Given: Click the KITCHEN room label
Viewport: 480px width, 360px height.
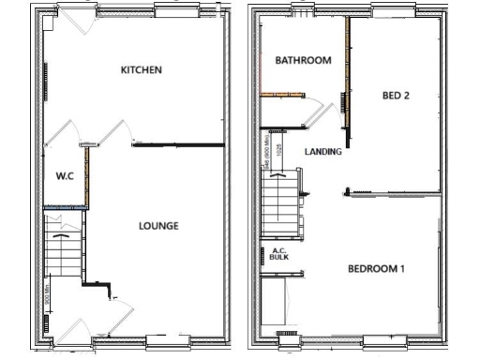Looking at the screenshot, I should tap(142, 70).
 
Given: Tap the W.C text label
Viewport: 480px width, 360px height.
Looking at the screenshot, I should tap(65, 175).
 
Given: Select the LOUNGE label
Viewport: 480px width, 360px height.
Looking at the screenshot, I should tap(158, 226).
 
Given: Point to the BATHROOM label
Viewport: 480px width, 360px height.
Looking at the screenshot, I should tap(303, 61).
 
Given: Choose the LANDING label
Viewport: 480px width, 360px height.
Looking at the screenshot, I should tap(322, 151).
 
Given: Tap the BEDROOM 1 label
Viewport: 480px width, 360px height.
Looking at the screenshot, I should tap(376, 270).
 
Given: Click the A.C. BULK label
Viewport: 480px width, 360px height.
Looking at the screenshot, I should tap(278, 253).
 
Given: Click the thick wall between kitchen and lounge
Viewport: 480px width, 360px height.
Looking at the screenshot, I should tap(178, 145).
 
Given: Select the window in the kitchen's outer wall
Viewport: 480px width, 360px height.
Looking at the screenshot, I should tap(177, 10).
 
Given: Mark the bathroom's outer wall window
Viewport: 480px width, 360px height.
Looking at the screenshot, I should tap(303, 10).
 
